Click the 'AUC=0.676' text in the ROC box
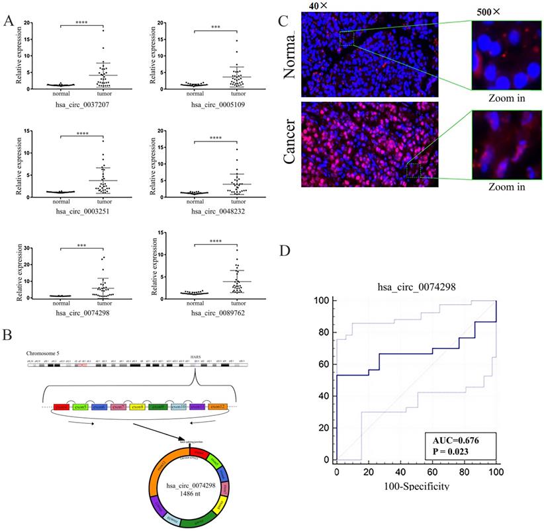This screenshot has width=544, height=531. coord(456,440)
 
